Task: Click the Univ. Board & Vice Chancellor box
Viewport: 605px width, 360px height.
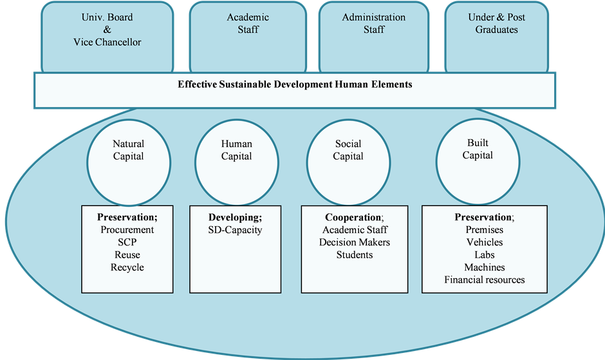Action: click(107, 35)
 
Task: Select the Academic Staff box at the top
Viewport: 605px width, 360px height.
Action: click(248, 35)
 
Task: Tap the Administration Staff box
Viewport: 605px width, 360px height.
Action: click(374, 35)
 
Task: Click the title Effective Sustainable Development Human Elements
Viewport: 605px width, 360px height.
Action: click(295, 84)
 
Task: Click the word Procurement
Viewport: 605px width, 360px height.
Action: click(127, 230)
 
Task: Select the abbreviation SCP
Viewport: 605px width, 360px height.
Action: click(127, 242)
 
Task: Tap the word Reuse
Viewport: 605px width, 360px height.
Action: click(127, 254)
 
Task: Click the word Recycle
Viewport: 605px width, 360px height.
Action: click(127, 267)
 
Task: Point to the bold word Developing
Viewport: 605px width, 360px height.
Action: click(234, 217)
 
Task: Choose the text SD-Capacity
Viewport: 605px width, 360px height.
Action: click(236, 230)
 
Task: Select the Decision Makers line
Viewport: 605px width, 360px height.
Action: click(355, 242)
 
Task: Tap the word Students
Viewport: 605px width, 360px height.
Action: click(355, 254)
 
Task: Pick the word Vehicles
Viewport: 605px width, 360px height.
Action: click(485, 242)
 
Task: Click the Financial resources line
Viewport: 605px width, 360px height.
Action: click(485, 279)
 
